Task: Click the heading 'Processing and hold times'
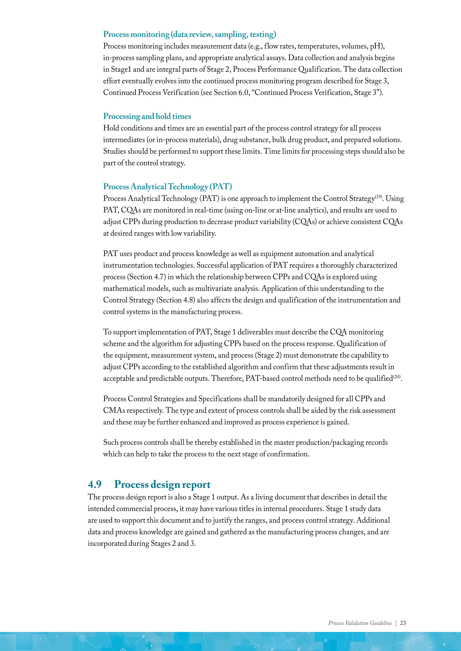tap(147, 116)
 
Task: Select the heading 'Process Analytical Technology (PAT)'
tap(167, 187)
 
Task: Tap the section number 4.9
tap(95, 484)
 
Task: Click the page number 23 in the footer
tap(402, 623)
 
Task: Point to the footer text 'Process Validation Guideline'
tap(360, 623)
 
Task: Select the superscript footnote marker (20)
tap(397, 377)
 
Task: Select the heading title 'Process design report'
tap(162, 484)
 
